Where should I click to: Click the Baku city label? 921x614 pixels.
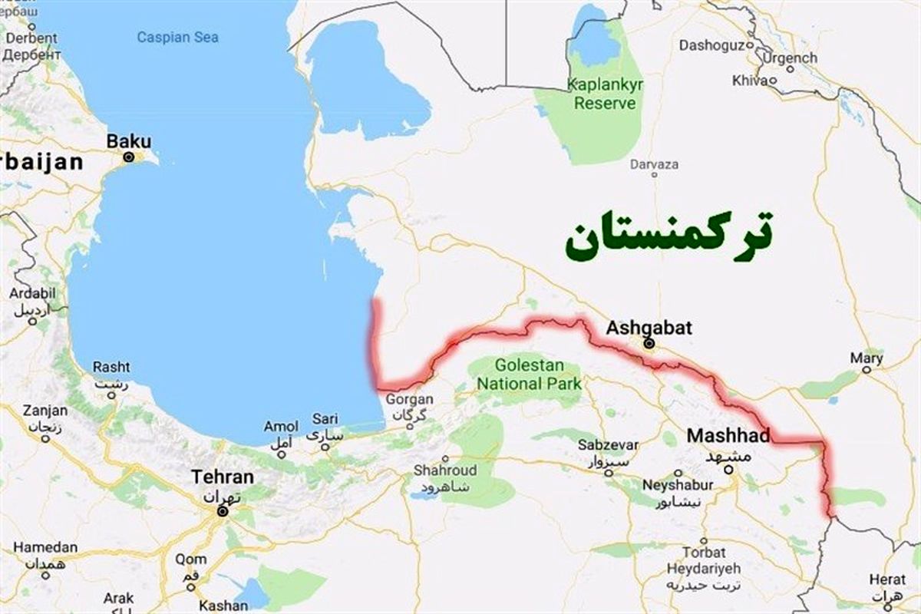(x=129, y=141)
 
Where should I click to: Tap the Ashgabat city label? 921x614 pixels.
(x=649, y=328)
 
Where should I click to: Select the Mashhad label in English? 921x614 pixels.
(x=728, y=435)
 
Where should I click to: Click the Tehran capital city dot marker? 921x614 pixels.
(x=222, y=511)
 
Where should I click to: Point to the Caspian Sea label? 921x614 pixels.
(x=177, y=37)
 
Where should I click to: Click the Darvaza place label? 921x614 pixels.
(x=654, y=164)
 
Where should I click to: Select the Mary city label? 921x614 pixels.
(x=867, y=358)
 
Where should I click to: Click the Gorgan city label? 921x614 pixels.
(x=409, y=399)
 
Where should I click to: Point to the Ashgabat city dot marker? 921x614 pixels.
(x=649, y=344)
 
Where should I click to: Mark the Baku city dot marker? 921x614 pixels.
(x=129, y=157)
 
